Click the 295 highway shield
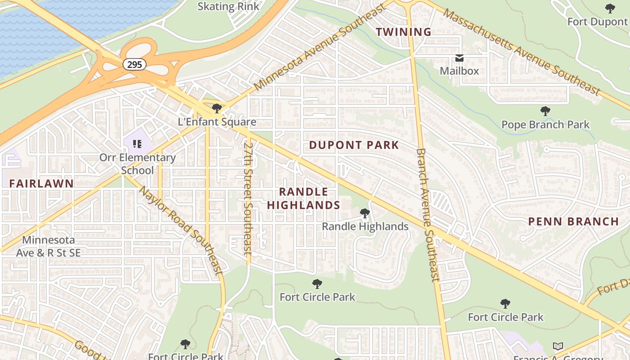(x=135, y=64)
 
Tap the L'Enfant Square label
(x=217, y=122)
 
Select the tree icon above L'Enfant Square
(x=217, y=108)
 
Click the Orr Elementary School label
(x=137, y=164)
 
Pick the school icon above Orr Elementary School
(x=137, y=144)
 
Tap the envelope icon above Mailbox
(x=459, y=58)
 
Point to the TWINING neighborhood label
(x=404, y=32)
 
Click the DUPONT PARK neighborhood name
(x=354, y=145)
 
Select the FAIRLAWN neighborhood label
(x=41, y=183)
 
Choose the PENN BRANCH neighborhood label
(x=573, y=221)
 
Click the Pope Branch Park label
(x=545, y=125)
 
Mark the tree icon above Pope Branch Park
(x=545, y=111)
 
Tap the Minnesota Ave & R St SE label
(x=48, y=247)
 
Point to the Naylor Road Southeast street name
(x=181, y=230)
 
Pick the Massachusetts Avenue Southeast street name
(x=522, y=51)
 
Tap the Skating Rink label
(x=229, y=6)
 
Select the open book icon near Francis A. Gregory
(x=558, y=346)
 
